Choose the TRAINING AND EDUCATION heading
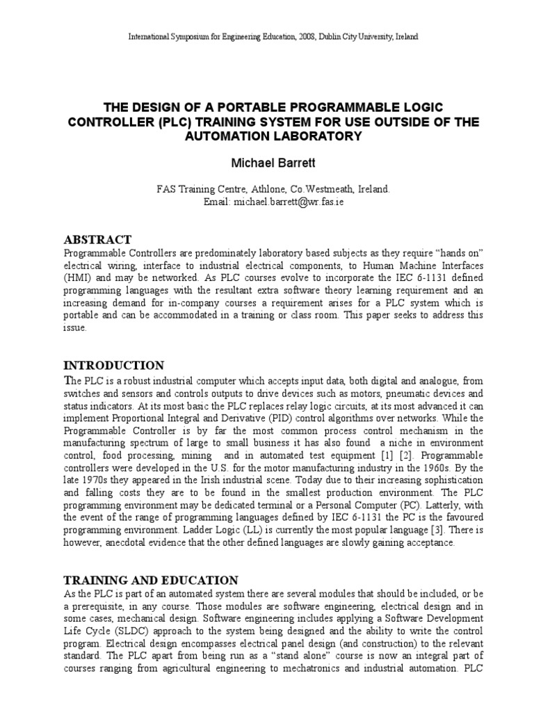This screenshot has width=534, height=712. coord(151,580)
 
